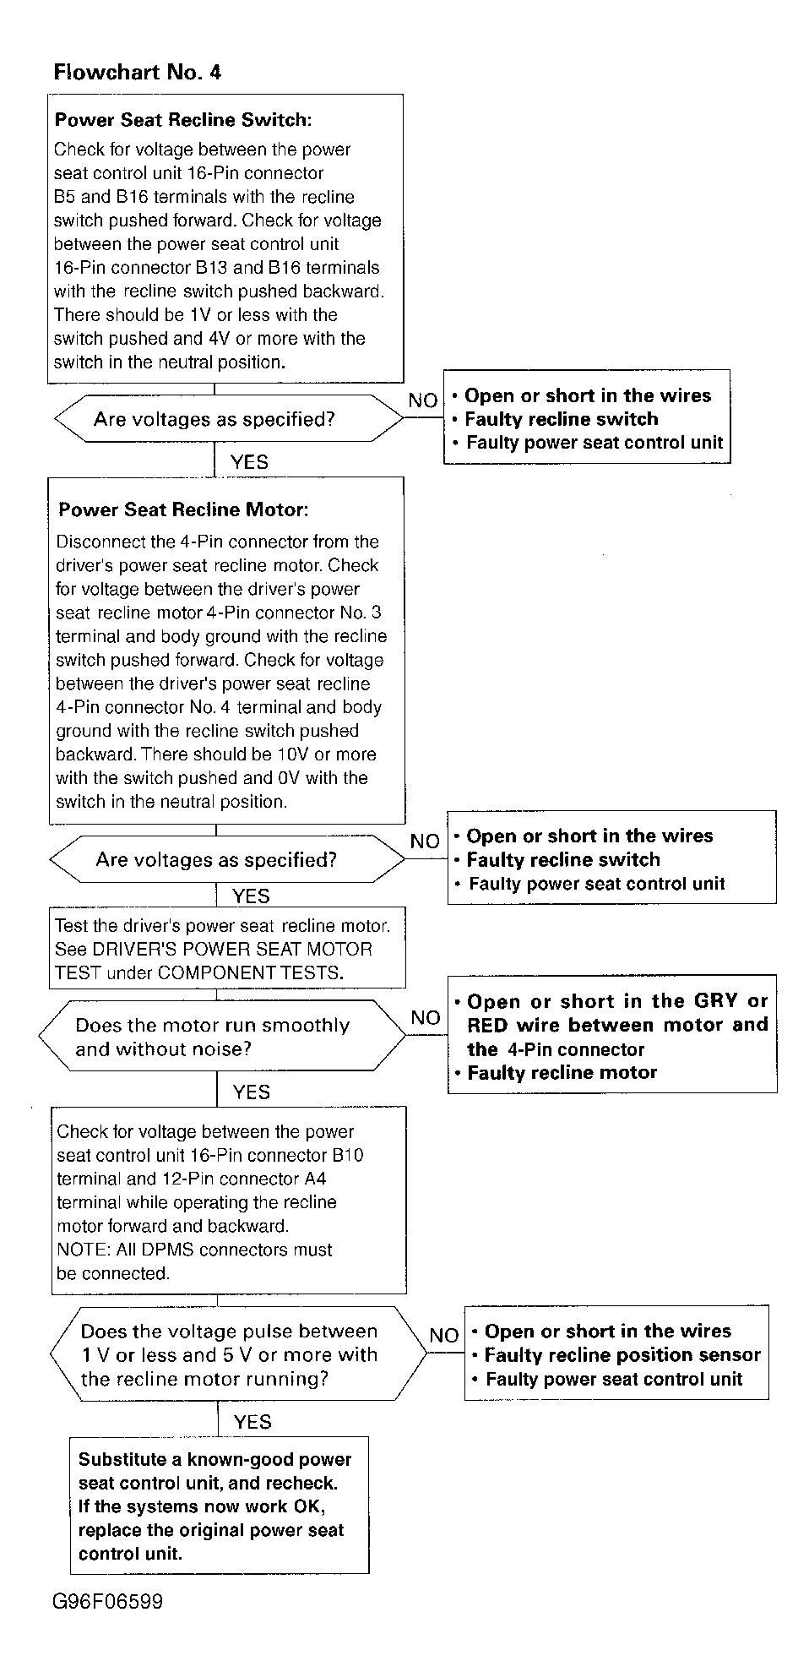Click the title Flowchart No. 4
(x=137, y=72)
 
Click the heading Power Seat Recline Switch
(x=182, y=120)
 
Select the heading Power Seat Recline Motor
(x=183, y=509)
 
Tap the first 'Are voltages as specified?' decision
(x=214, y=419)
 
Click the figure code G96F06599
(x=107, y=1601)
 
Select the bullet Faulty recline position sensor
(x=622, y=1355)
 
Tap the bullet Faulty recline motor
(x=562, y=1073)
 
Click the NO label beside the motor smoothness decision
(x=426, y=1017)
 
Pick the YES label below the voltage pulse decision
(x=252, y=1422)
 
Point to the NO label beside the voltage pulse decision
(x=443, y=1335)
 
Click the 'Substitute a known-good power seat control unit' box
(x=219, y=1506)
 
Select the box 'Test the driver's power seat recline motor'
(x=226, y=949)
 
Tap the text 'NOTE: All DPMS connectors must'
(x=194, y=1250)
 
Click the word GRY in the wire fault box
(x=716, y=1001)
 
